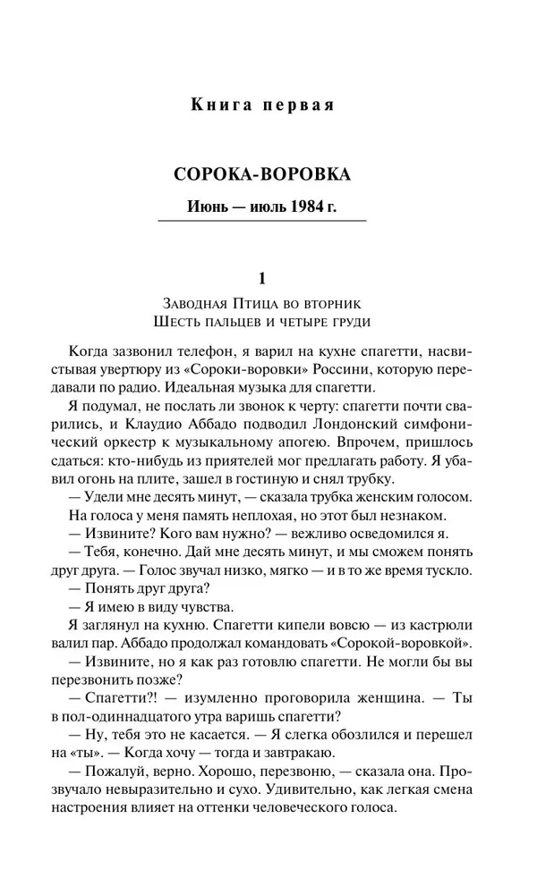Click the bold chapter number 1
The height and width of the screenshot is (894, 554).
point(262,277)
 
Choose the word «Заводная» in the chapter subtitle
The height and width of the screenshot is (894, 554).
point(191,302)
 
